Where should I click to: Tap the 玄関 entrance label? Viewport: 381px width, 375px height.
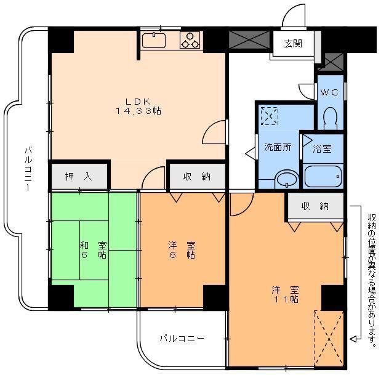pyautogui.click(x=293, y=44)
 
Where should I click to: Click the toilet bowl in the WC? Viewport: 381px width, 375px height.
pyautogui.click(x=330, y=118)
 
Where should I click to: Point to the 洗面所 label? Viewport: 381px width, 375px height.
pyautogui.click(x=278, y=148)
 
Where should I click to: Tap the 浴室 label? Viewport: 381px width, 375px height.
pyautogui.click(x=321, y=148)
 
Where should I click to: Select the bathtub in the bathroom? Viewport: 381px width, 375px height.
pyautogui.click(x=323, y=176)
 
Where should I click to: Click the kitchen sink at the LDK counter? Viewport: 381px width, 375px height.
pyautogui.click(x=154, y=41)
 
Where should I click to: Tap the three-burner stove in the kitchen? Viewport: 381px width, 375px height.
pyautogui.click(x=190, y=40)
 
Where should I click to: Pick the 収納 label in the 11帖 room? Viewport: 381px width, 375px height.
pyautogui.click(x=315, y=206)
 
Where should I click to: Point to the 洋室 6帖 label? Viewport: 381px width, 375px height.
pyautogui.click(x=182, y=250)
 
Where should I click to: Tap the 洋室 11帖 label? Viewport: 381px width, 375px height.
pyautogui.click(x=286, y=294)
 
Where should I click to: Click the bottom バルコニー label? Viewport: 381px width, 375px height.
pyautogui.click(x=182, y=339)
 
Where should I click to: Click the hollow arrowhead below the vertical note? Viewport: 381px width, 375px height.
pyautogui.click(x=353, y=338)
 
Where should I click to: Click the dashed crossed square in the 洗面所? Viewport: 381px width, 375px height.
pyautogui.click(x=269, y=116)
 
